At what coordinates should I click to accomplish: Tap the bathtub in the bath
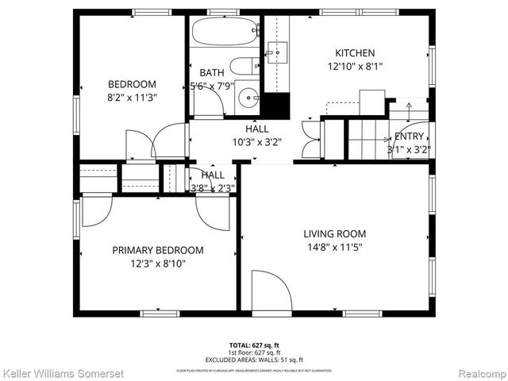point(225,33)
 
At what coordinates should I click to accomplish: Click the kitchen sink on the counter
point(277,54)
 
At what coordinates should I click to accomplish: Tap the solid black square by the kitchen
point(275,106)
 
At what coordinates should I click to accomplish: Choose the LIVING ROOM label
point(335,233)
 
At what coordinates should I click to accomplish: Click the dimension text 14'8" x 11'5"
point(335,248)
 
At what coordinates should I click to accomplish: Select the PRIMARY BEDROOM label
point(157,250)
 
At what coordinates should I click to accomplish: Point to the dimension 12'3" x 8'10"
point(157,264)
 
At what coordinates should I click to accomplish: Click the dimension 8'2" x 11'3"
point(132,98)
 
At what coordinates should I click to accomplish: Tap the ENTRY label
point(409,136)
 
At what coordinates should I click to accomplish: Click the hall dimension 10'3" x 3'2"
point(256,143)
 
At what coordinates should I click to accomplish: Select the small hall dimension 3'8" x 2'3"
point(212,188)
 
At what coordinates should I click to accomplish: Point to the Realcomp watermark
point(479,372)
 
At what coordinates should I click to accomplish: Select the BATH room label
point(211,72)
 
